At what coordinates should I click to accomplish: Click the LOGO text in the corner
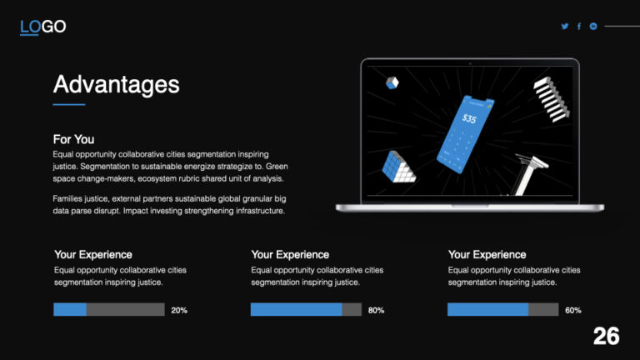pyautogui.click(x=42, y=27)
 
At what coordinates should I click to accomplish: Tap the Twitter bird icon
pyautogui.click(x=565, y=27)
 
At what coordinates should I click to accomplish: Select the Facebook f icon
pyautogui.click(x=579, y=27)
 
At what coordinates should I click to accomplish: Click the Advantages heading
pyautogui.click(x=116, y=84)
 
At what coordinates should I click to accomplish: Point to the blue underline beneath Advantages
pyautogui.click(x=69, y=105)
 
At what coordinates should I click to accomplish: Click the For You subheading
pyautogui.click(x=73, y=139)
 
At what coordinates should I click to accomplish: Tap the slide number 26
pyautogui.click(x=606, y=337)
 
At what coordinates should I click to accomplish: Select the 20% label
pyautogui.click(x=179, y=310)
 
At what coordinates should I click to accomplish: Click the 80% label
pyautogui.click(x=376, y=310)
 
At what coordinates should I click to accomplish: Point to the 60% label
pyautogui.click(x=573, y=310)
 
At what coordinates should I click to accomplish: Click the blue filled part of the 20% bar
pyautogui.click(x=70, y=310)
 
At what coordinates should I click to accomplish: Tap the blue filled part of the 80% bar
pyautogui.click(x=296, y=310)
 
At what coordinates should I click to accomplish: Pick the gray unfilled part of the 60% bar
pyautogui.click(x=543, y=310)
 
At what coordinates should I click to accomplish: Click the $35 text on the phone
pyautogui.click(x=470, y=119)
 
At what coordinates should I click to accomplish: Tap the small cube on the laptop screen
pyautogui.click(x=392, y=82)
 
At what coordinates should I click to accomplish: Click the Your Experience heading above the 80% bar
pyautogui.click(x=290, y=254)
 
